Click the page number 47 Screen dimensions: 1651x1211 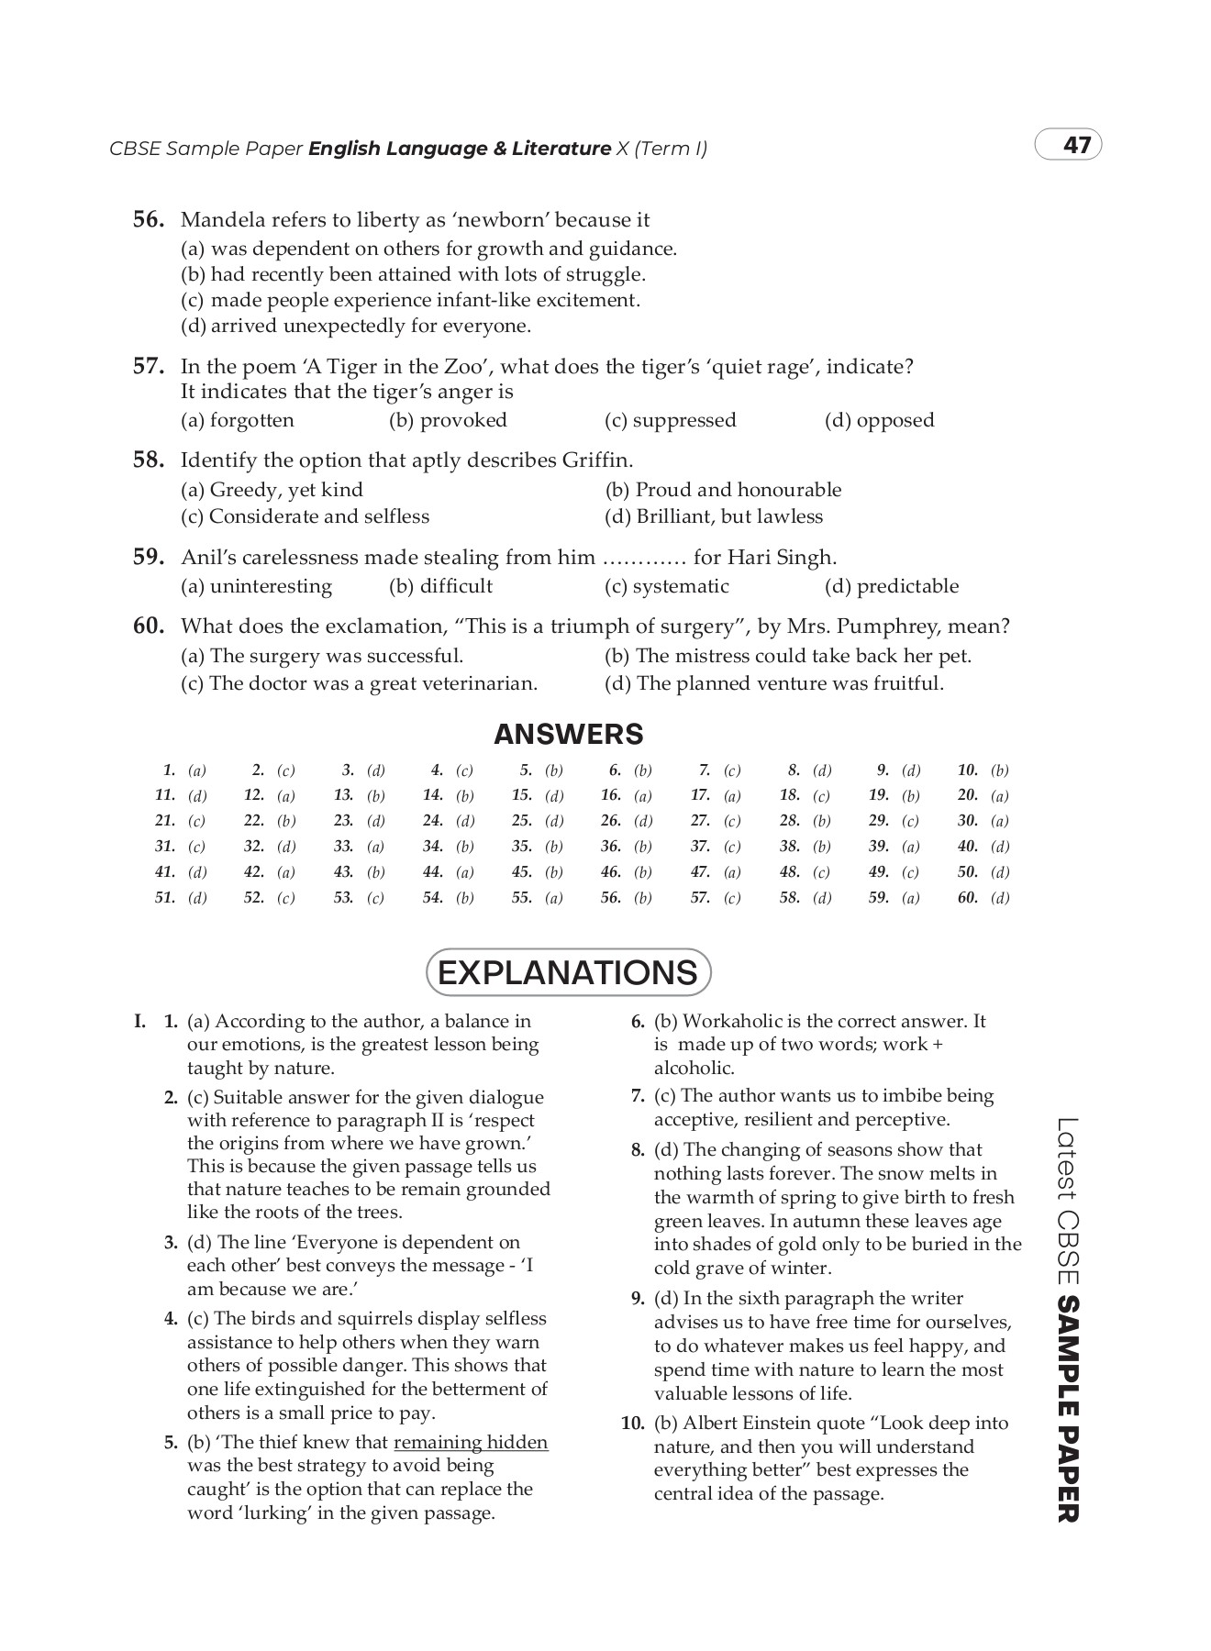[x=1076, y=146]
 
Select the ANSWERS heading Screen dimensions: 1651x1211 [x=568, y=734]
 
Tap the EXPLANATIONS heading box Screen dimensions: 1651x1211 [x=568, y=972]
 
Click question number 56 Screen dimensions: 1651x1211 [x=149, y=220]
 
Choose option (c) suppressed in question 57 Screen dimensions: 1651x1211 [x=670, y=420]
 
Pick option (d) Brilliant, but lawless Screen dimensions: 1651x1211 [x=714, y=516]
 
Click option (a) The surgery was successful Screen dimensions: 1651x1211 [x=322, y=656]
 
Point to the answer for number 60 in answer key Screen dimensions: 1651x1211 [x=999, y=898]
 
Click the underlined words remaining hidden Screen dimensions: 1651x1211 [x=471, y=1443]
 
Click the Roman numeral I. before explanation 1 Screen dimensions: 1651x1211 [x=139, y=1021]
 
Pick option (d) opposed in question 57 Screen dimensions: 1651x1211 [x=879, y=420]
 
